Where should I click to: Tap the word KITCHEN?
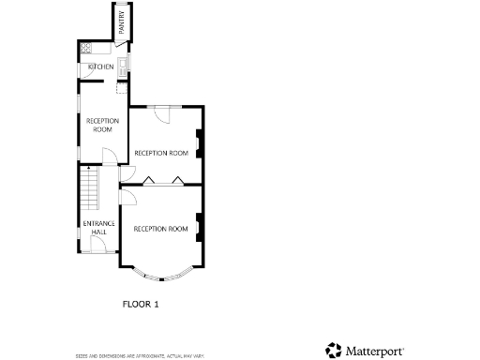100,67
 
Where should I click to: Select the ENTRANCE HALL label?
98,227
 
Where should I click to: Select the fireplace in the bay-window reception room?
199,228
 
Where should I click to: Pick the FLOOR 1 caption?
142,304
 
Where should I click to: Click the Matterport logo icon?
334,350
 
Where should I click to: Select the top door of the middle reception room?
160,112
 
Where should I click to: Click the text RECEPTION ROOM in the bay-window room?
161,229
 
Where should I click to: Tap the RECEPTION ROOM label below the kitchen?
102,125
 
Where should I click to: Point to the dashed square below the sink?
121,86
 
